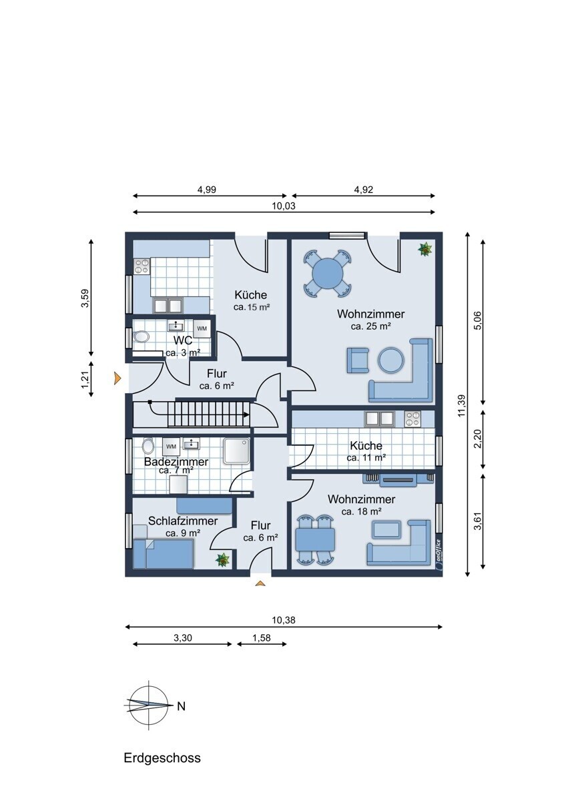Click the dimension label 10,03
pos(284,206)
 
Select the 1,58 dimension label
pos(262,637)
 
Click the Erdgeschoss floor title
pos(162,758)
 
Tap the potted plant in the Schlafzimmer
pos(222,559)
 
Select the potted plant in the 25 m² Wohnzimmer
pos(425,249)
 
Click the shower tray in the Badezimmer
pos(236,451)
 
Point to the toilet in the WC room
pos(141,336)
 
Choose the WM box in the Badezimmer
pos(171,447)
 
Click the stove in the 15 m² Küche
pos(141,266)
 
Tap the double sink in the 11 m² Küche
pos(379,419)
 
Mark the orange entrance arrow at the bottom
pos(261,583)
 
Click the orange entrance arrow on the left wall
pos(117,378)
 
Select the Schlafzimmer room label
pos(183,521)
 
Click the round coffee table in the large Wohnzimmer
pos(392,360)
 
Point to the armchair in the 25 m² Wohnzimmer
pos(358,360)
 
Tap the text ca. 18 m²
pos(361,512)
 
